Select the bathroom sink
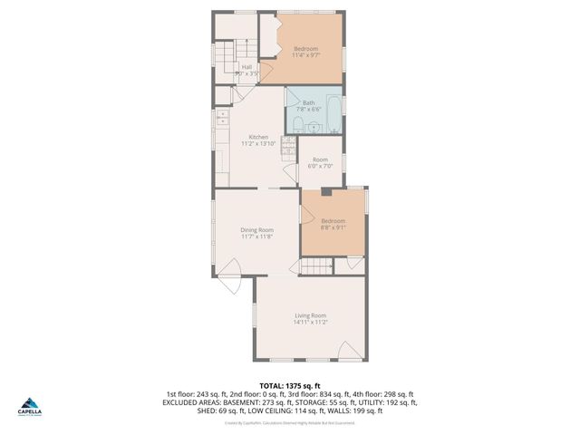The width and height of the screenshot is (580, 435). [335, 128]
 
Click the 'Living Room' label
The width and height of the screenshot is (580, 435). [309, 315]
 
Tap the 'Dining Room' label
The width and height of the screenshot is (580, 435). [256, 230]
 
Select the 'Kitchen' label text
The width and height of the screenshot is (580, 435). [258, 137]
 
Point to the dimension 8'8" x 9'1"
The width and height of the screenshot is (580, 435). [333, 227]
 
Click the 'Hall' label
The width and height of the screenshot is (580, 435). [246, 66]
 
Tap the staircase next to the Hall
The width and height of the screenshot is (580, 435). [226, 61]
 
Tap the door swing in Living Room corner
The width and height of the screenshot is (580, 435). [347, 349]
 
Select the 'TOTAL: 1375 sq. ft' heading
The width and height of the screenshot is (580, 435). [289, 385]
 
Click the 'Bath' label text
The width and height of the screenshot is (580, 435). [309, 102]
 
